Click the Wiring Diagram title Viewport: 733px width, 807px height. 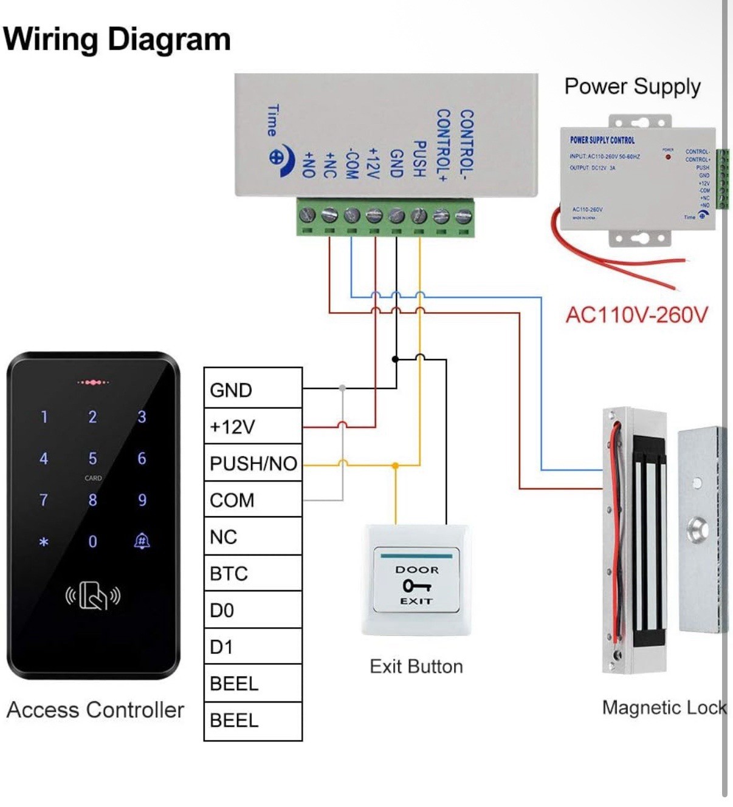[x=117, y=39]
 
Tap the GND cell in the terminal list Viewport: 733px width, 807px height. [x=253, y=389]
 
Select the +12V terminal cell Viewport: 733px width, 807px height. [x=253, y=426]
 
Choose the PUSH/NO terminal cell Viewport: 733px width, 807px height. [x=253, y=463]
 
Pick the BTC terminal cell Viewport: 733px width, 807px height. [x=253, y=573]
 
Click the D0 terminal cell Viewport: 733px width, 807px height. [x=253, y=610]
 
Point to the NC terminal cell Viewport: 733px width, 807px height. [x=253, y=537]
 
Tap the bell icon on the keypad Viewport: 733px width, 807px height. [x=142, y=540]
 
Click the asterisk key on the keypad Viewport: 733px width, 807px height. [x=44, y=541]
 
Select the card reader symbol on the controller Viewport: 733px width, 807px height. [x=93, y=596]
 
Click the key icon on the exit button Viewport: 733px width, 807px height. [x=416, y=585]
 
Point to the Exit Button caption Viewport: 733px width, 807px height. [x=416, y=667]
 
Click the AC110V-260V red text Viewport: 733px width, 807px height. [x=636, y=315]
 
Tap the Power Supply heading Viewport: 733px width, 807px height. [x=632, y=86]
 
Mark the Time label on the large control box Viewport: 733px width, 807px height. [x=274, y=121]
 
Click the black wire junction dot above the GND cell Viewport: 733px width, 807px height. [x=395, y=359]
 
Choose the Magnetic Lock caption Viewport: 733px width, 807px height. [x=664, y=707]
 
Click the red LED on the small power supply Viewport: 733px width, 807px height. [x=668, y=157]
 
